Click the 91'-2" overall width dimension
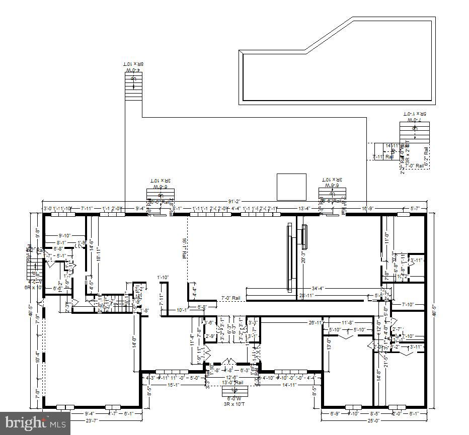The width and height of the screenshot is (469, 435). tap(232, 202)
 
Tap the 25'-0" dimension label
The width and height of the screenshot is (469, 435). tap(372, 420)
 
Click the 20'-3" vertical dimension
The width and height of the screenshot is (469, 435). tap(302, 257)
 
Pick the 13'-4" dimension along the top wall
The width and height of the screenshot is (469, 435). tap(304, 208)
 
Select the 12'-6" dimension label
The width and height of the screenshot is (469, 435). tap(232, 377)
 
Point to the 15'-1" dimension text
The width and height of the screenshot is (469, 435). tap(173, 385)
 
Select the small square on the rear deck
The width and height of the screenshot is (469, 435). tap(291, 186)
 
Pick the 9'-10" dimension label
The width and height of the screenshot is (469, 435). tap(65, 235)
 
